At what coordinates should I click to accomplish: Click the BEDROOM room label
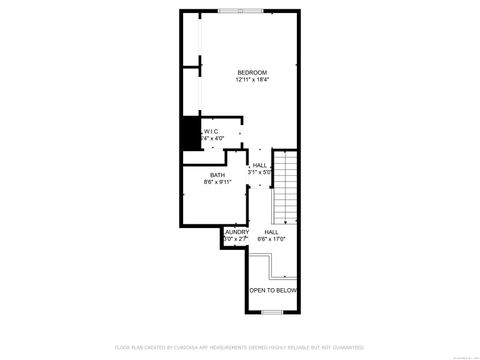(252, 72)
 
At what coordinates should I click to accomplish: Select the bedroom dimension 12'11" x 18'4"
(252, 80)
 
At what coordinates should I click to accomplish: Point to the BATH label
(217, 175)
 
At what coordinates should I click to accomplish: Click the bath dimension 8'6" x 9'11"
(217, 182)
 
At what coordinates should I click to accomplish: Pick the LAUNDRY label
(236, 232)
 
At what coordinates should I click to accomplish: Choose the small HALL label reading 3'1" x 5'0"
(260, 165)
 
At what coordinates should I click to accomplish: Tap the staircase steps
(287, 190)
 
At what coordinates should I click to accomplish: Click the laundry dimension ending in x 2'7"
(235, 239)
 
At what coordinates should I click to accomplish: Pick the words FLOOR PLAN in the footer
(128, 347)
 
